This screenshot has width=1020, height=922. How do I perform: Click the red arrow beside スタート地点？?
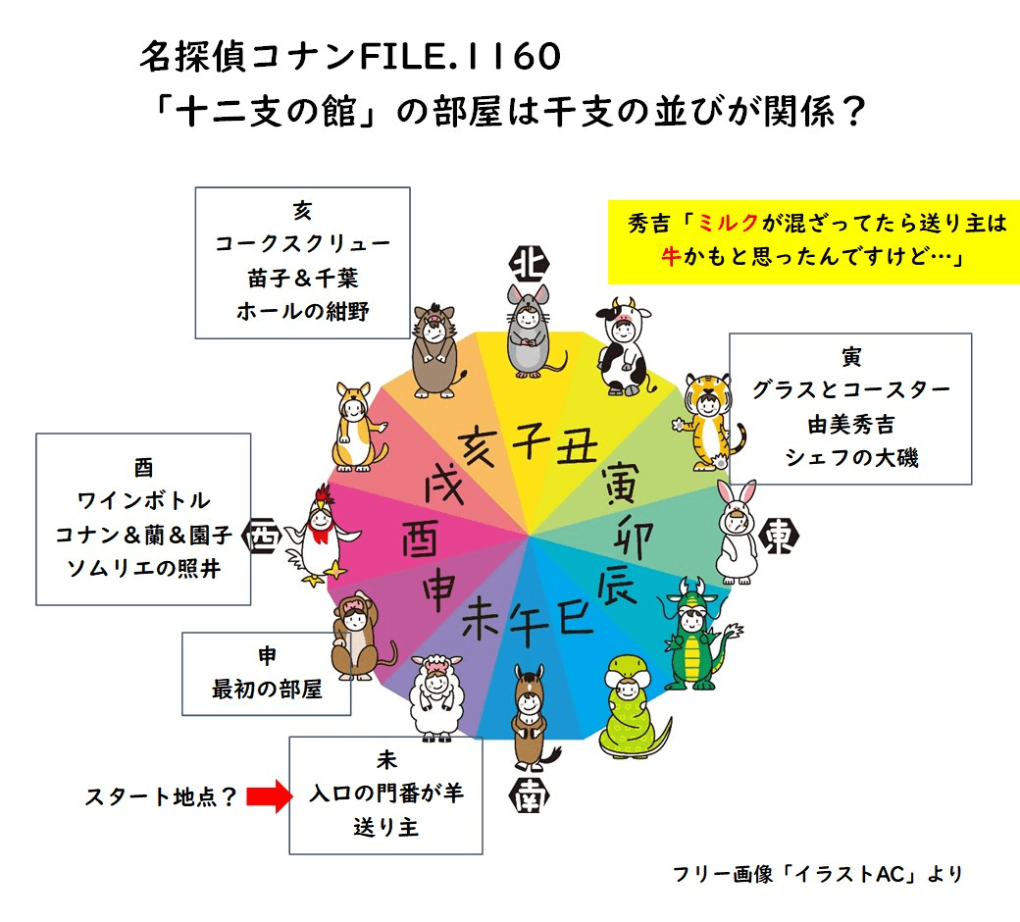tap(265, 796)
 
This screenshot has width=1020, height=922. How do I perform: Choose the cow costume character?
tap(623, 343)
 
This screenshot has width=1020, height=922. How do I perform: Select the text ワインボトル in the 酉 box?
tap(143, 500)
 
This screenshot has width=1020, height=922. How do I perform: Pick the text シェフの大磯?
tap(850, 456)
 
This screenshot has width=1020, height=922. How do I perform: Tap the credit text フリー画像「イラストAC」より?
tap(818, 873)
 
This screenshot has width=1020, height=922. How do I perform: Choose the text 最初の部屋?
tap(267, 690)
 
